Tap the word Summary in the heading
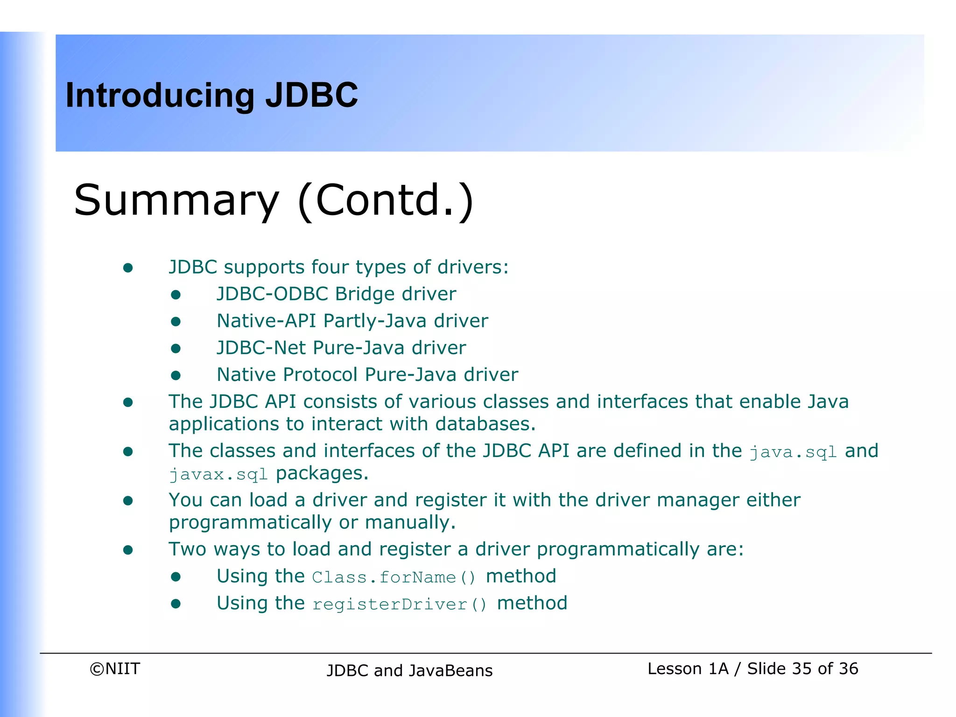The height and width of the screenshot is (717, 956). coord(176,201)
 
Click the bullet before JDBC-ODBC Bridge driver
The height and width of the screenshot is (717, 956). coord(176,295)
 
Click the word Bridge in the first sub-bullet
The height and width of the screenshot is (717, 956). coord(365,294)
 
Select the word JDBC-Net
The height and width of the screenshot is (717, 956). coord(261,348)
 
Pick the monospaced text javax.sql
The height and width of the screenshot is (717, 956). coord(218,475)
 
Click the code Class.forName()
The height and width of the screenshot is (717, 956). coord(394,577)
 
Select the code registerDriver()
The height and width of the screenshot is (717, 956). coord(400,605)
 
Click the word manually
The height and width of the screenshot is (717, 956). coord(410,523)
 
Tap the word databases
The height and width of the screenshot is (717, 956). coord(485,424)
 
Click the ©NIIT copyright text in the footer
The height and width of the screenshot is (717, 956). coord(115,668)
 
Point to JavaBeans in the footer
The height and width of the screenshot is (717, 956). coord(450,670)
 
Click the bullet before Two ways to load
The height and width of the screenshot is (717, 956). coord(128,550)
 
